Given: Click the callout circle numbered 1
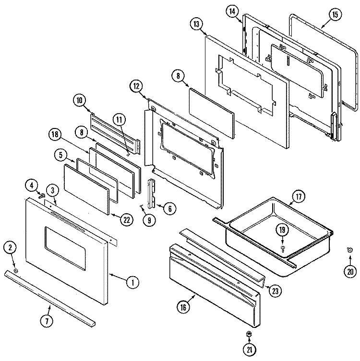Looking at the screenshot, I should click(x=130, y=282).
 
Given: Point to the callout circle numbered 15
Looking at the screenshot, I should click(x=335, y=14).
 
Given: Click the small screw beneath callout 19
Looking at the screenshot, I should click(x=283, y=248).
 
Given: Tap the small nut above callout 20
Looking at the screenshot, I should click(x=349, y=249).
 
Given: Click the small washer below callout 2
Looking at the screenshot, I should click(x=15, y=272).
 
